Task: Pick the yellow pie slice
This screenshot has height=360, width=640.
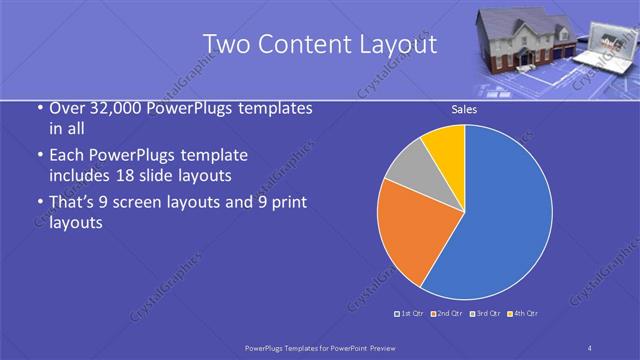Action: tap(446, 144)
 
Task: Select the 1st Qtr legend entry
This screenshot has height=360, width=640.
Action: tap(410, 314)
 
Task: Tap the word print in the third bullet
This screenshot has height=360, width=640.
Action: tap(287, 203)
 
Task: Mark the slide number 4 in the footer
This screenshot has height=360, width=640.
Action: tap(590, 348)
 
